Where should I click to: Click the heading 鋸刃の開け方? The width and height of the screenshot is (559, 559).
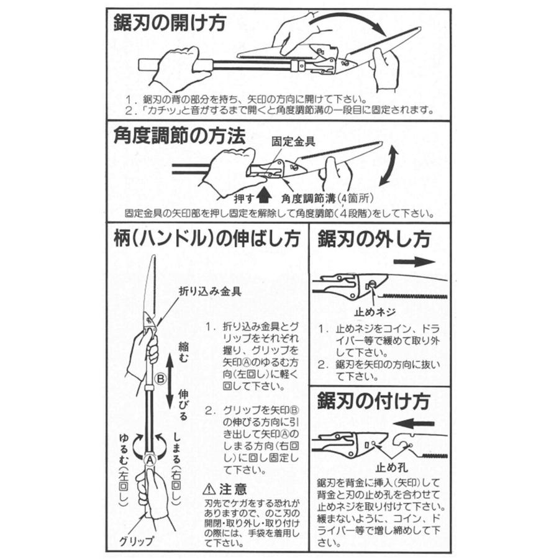(170, 24)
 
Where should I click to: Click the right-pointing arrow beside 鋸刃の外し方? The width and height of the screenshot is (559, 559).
(413, 261)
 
